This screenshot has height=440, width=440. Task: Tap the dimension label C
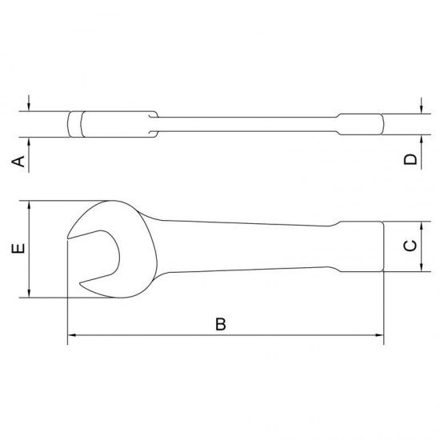(x=409, y=247)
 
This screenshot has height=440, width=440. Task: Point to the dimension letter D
(x=410, y=160)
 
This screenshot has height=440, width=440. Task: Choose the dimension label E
(x=20, y=249)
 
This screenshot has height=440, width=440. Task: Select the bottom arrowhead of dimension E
(x=30, y=293)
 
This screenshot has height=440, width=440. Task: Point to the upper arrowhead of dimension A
(x=30, y=107)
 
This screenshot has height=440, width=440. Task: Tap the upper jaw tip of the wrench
(x=70, y=234)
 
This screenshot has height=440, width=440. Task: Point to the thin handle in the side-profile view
(x=248, y=124)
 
